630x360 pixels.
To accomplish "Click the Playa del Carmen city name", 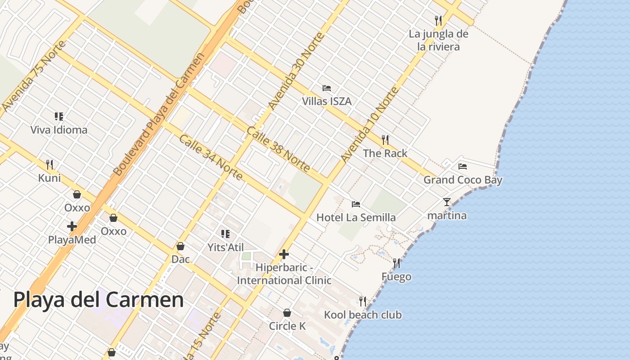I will pos(99,300).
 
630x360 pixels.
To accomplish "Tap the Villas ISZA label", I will pos(327,101).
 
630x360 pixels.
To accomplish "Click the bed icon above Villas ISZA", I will pos(327,88).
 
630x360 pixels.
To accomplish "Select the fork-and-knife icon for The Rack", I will pos(385,140).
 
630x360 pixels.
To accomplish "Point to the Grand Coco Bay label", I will pos(463,180).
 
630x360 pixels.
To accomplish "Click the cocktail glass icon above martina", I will pos(447,202).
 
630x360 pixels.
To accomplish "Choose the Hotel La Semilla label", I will pos(356,217).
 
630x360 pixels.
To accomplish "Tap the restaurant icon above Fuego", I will pos(396,263).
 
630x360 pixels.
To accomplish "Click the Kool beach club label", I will pos(363,315).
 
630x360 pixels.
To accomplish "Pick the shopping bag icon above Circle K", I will pos(287,313).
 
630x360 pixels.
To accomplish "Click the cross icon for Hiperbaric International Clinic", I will pos(284,254).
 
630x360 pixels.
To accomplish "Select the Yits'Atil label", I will pos(225,247).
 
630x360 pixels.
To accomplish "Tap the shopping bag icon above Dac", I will pos(180,246).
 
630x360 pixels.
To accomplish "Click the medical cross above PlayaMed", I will pos(72,226).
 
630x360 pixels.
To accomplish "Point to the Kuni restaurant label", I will pos(49,178).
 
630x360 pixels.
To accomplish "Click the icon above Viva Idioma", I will pos(59,117).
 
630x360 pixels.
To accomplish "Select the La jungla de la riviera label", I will pos(438,40).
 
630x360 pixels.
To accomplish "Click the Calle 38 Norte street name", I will pos(278,149).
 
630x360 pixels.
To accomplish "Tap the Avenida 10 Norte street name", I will pos(369,125).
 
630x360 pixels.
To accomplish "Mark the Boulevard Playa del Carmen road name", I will pos(158,115).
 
